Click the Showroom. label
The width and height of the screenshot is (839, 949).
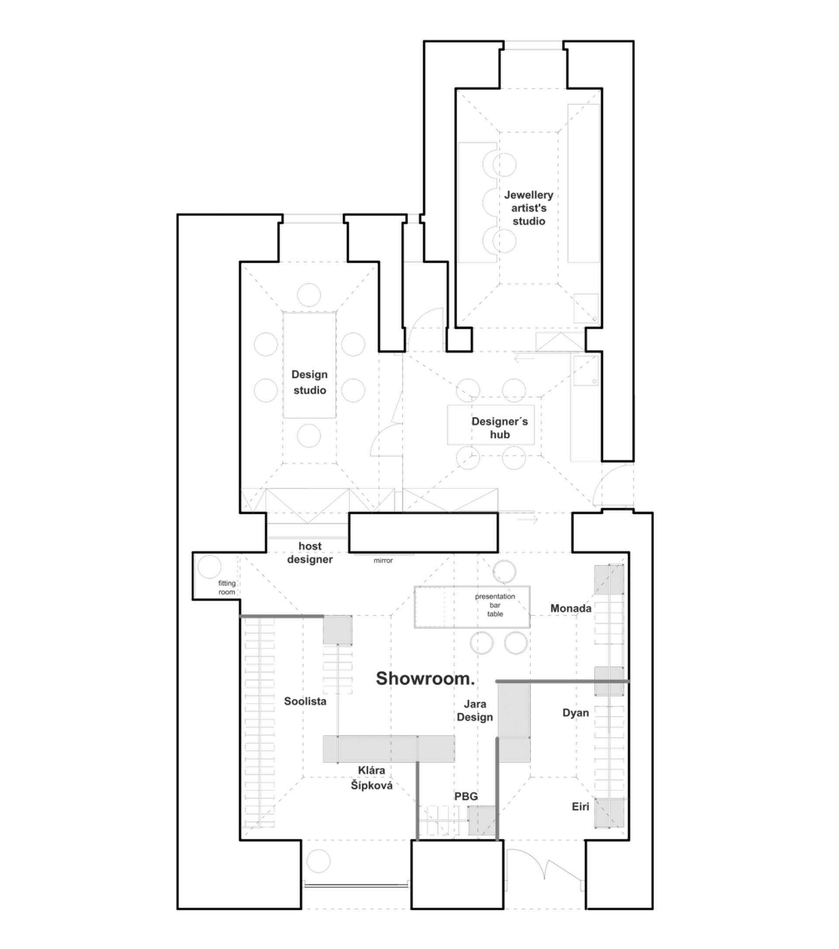tap(425, 679)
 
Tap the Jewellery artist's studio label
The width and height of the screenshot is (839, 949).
tap(529, 208)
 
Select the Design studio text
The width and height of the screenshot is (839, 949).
tap(309, 382)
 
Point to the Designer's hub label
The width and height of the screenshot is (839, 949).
tap(499, 428)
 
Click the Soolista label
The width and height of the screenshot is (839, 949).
tap(305, 701)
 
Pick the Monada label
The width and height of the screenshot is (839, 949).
tap(571, 608)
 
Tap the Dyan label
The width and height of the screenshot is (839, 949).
tap(576, 713)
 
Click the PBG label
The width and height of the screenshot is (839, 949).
tap(466, 796)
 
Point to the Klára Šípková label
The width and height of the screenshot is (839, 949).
tap(371, 778)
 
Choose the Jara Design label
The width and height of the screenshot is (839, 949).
tap(475, 711)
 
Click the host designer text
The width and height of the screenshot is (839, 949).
tap(310, 552)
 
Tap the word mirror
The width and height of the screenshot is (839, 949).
tap(383, 560)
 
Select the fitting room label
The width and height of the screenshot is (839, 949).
tap(227, 587)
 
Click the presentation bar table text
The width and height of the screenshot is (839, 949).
tap(495, 605)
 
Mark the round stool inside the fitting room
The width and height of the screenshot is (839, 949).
tap(209, 566)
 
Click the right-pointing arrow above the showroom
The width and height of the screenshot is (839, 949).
tap(527, 518)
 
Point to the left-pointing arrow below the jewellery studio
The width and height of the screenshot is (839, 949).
tap(524, 358)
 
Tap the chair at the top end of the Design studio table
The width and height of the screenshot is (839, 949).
tap(309, 295)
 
